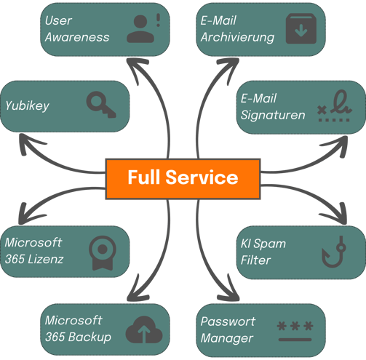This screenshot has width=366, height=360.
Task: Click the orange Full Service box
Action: point(183,179)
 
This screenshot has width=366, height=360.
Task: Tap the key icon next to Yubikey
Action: point(101,105)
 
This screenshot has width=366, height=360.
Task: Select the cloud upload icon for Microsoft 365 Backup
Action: point(144,329)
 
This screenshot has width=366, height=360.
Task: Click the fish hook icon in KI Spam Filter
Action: point(334,252)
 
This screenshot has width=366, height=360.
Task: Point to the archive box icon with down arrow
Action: point(301,28)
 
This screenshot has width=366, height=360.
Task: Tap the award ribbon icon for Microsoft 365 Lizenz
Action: point(103,253)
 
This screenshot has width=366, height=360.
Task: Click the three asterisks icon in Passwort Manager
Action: point(295,331)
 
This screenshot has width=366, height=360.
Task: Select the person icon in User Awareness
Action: point(140,29)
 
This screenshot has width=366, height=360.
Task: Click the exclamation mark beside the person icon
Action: point(159,20)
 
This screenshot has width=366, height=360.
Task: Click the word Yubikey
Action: point(27,106)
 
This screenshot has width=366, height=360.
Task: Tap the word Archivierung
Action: point(237,37)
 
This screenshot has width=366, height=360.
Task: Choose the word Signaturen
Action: point(273,115)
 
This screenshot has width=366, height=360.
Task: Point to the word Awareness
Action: point(77,37)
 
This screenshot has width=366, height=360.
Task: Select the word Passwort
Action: point(228,321)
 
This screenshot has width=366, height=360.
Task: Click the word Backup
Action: point(89,337)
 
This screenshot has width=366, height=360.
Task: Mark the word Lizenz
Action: point(46,259)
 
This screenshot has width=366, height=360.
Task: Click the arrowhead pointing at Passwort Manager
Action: point(229,289)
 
